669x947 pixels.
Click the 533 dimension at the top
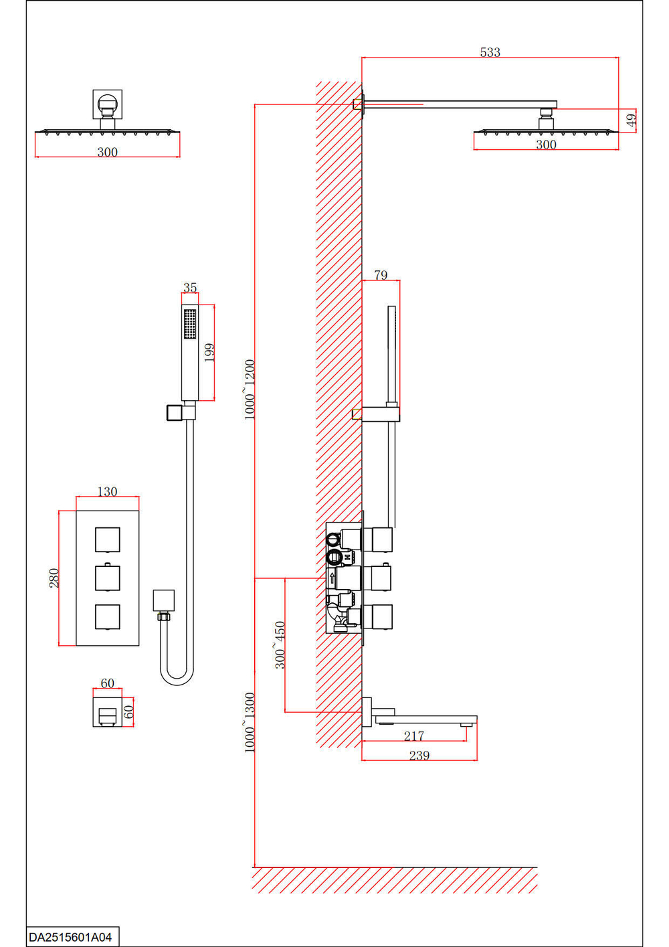(490, 52)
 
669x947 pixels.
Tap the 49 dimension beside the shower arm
(631, 120)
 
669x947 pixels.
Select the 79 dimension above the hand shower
(381, 275)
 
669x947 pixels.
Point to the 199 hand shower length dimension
(209, 353)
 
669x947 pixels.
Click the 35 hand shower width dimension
(190, 288)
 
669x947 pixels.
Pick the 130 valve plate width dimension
(107, 492)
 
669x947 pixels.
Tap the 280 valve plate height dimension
(54, 578)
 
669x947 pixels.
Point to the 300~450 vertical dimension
(280, 644)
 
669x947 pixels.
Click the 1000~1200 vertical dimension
(250, 390)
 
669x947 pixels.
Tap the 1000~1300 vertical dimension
(250, 723)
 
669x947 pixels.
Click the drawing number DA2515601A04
(70, 937)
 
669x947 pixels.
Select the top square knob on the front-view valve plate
(107, 539)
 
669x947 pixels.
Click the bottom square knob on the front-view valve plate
(107, 617)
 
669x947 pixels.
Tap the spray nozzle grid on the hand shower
(190, 324)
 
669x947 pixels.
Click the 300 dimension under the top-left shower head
(107, 152)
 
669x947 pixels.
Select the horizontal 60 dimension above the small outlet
(107, 683)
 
